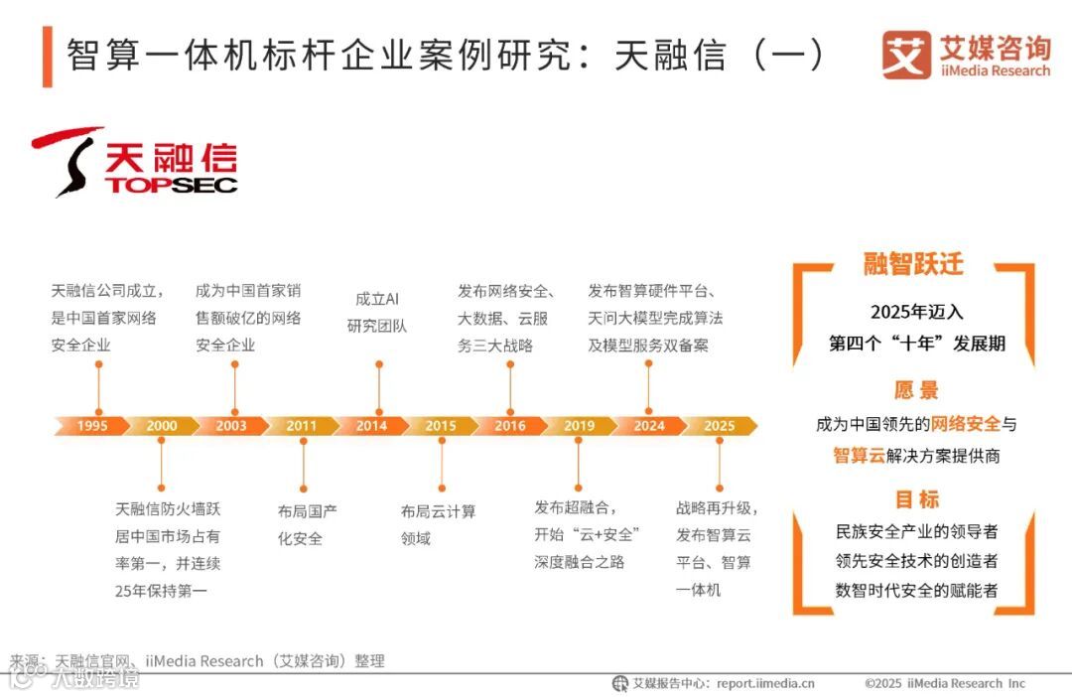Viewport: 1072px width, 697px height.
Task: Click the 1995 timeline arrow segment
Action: click(92, 426)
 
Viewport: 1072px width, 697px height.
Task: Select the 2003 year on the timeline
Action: click(231, 426)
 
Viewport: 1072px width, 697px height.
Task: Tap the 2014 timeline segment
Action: click(371, 426)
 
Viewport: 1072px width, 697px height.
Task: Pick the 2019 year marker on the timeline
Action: click(580, 426)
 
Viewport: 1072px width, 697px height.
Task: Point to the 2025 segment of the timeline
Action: click(720, 426)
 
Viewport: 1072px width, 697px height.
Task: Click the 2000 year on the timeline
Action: click(162, 426)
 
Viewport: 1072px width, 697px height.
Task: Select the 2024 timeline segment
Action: click(649, 426)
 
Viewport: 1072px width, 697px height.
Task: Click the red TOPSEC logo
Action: click(134, 162)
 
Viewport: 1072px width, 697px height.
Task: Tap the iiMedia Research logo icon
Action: click(905, 56)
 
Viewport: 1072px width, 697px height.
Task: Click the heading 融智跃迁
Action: click(913, 265)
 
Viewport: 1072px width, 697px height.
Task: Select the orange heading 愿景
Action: click(915, 390)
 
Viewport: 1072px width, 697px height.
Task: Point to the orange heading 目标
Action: click(915, 498)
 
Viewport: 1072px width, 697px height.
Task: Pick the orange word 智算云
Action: click(861, 456)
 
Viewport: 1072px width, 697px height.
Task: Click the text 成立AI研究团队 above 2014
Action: click(377, 312)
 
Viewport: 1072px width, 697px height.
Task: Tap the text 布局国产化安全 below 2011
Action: click(308, 525)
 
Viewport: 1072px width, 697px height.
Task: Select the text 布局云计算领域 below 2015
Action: click(438, 525)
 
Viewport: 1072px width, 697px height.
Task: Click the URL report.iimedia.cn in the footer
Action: click(765, 683)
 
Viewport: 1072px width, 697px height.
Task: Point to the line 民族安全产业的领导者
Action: click(916, 531)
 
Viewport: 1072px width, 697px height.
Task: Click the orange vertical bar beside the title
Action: click(47, 57)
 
